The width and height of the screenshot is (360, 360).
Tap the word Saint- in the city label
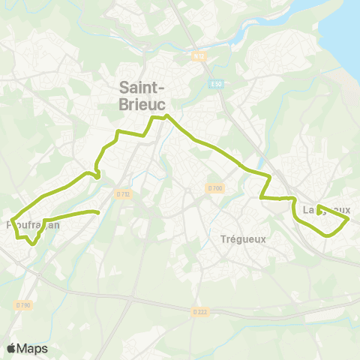pyautogui.click(x=143, y=88)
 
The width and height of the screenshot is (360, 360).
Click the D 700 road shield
pyautogui.click(x=215, y=187)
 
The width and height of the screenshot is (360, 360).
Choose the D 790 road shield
pyautogui.click(x=24, y=304)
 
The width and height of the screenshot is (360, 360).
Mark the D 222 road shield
pyautogui.click(x=199, y=310)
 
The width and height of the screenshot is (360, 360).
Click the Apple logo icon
pyautogui.click(x=12, y=348)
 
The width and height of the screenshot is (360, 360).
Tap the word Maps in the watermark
pyautogui.click(x=33, y=348)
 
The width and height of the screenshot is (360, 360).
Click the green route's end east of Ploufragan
pyautogui.click(x=98, y=213)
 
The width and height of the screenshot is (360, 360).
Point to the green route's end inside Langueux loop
pyautogui.click(x=319, y=206)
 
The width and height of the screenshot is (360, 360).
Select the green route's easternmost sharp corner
pyautogui.click(x=349, y=219)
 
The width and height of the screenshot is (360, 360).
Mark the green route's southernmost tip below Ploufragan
pyautogui.click(x=32, y=243)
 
